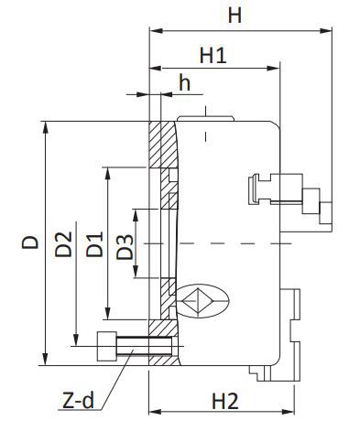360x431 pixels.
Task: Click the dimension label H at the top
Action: pyautogui.click(x=235, y=16)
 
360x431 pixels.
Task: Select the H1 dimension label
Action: pyautogui.click(x=213, y=55)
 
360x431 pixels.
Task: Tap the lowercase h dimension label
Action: pyautogui.click(x=184, y=82)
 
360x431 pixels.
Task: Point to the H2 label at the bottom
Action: pyautogui.click(x=224, y=402)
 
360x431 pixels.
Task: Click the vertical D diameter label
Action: pyautogui.click(x=30, y=242)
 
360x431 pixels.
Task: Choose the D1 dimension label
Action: pyautogui.click(x=94, y=244)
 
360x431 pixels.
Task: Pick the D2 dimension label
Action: pyautogui.click(x=63, y=244)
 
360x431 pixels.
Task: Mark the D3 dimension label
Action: pyautogui.click(x=125, y=247)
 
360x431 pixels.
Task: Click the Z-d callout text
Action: pyautogui.click(x=78, y=401)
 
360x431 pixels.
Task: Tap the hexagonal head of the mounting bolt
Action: pyautogui.click(x=106, y=347)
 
